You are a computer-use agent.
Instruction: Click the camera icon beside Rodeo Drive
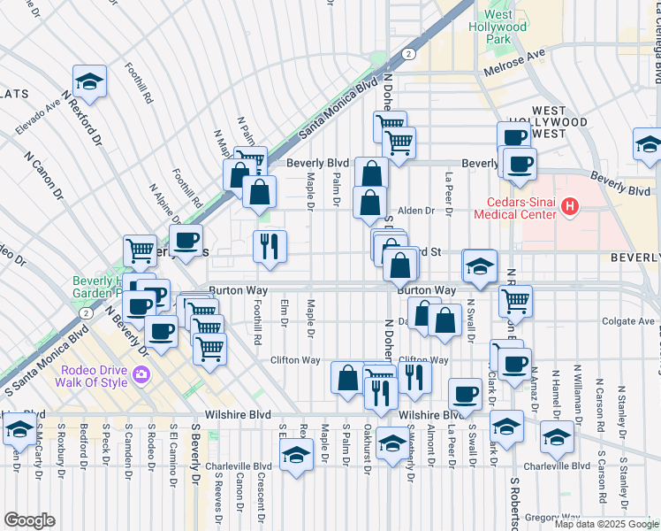coord(141,376)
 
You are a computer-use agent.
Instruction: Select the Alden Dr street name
coord(416,211)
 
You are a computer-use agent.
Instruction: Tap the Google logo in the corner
coord(29,519)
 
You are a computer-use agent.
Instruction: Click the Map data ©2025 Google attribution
coord(605,524)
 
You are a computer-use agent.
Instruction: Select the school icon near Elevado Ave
coord(88,82)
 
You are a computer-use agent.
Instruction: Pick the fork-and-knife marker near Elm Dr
coord(269,245)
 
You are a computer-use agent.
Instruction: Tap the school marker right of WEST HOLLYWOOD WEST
coord(648,143)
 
